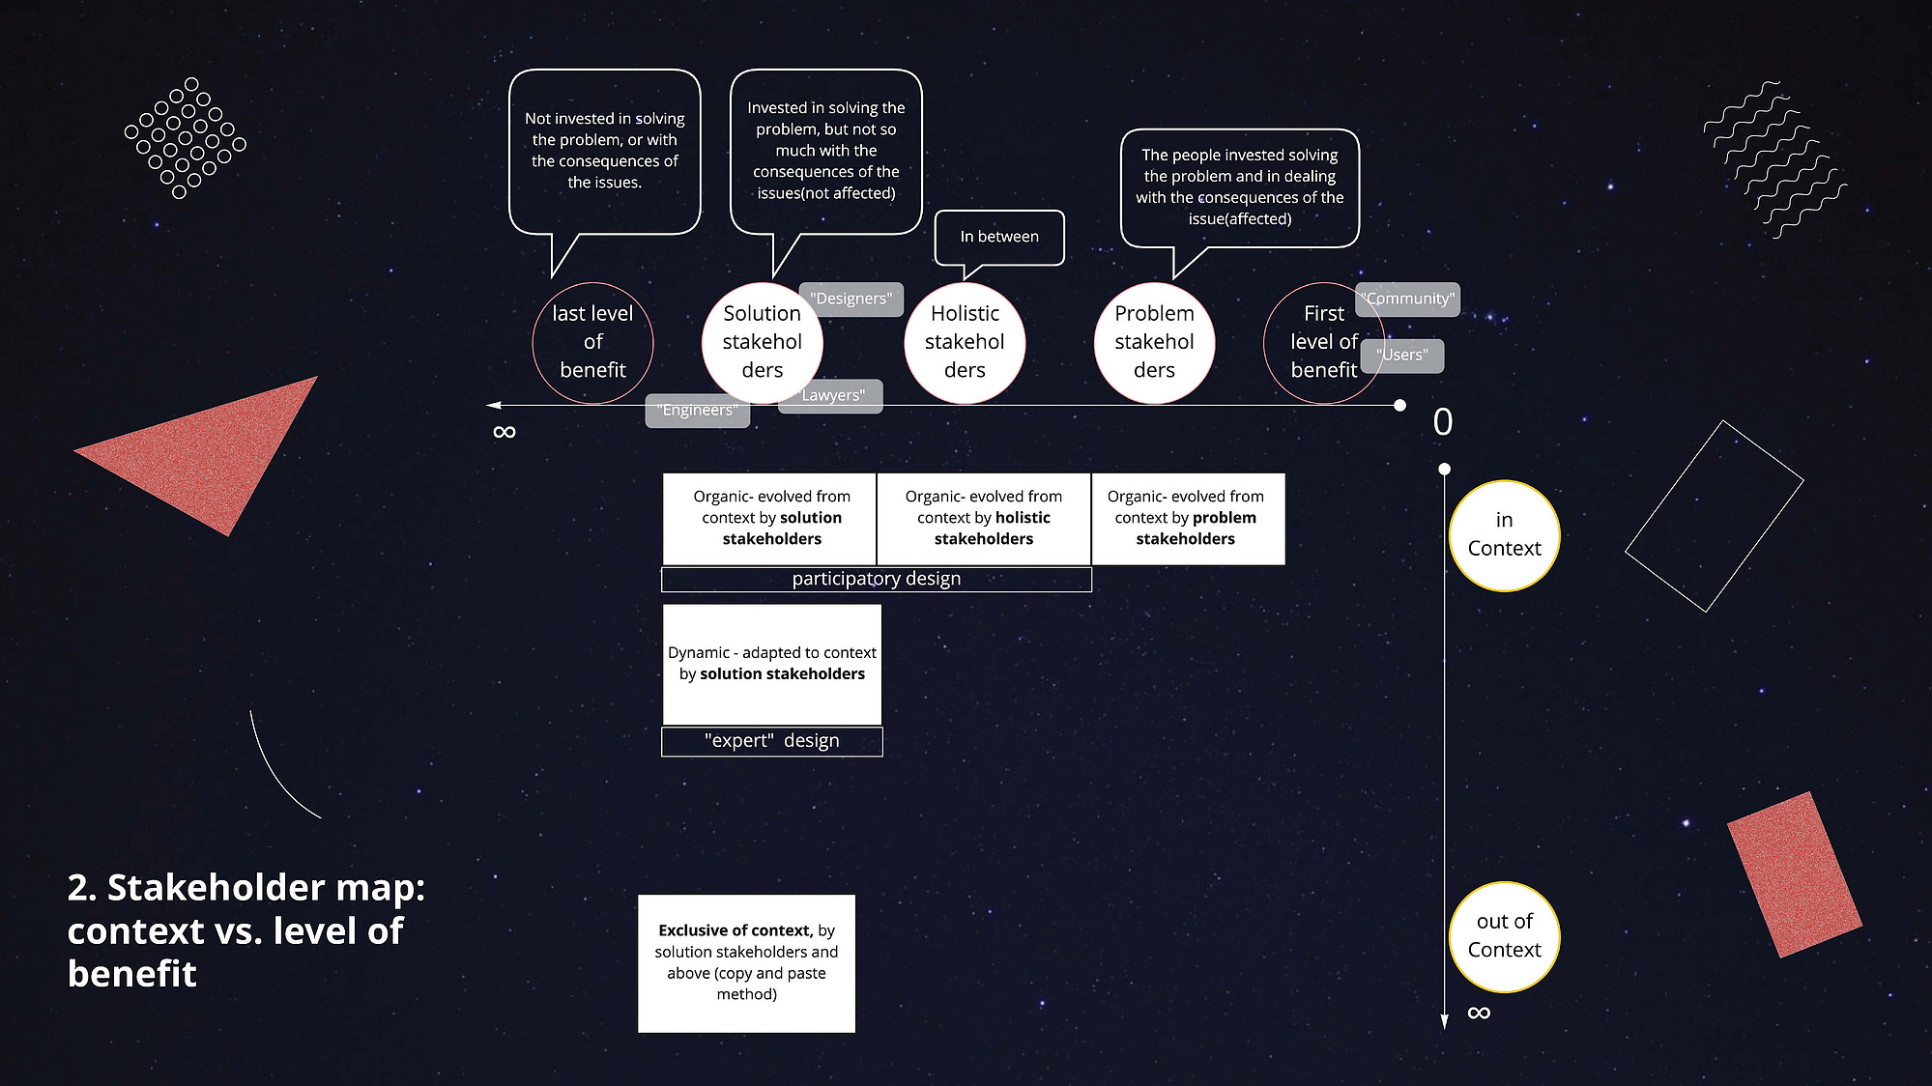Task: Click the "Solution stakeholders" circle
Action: tap(762, 342)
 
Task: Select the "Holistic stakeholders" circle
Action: tap(965, 342)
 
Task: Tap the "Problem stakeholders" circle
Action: tap(1154, 342)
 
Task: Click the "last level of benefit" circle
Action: tap(592, 342)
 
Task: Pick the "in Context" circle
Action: tap(1504, 535)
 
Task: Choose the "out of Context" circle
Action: tap(1504, 936)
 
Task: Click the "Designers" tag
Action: tap(851, 299)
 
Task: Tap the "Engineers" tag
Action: tap(697, 411)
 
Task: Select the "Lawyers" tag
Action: tap(831, 395)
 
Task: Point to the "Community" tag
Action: tap(1407, 299)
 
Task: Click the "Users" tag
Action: tap(1401, 355)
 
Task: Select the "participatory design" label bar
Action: tap(877, 579)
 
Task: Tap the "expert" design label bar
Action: tap(771, 741)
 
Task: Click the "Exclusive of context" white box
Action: tap(746, 963)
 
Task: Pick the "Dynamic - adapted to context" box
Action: tap(771, 664)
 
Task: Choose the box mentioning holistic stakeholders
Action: tap(984, 518)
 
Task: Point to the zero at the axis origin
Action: tap(1443, 422)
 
